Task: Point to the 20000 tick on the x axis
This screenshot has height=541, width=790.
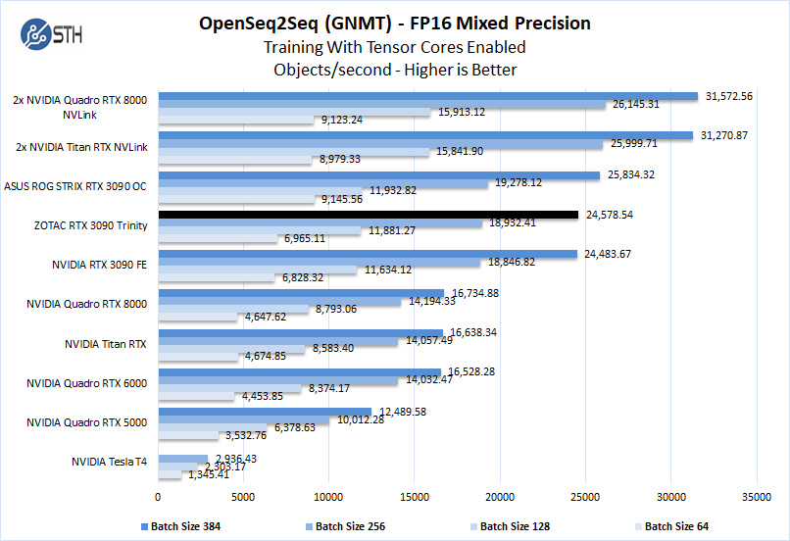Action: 501,495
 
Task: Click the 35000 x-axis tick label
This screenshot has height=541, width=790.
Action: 756,495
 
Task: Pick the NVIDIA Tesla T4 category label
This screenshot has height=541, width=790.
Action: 109,462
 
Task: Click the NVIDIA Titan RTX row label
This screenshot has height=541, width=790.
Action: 106,344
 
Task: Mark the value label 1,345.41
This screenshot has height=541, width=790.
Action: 209,475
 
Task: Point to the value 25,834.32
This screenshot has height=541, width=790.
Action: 633,174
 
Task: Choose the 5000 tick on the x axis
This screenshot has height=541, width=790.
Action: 243,495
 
